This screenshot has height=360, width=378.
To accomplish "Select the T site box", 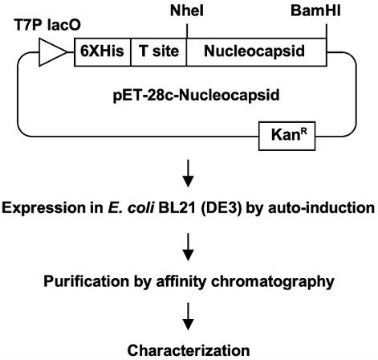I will point(156,52).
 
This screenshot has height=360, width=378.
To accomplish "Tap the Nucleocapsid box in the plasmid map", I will point(257,52).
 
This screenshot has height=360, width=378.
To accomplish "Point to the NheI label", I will point(186,11).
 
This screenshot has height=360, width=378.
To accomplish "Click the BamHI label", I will point(324,11).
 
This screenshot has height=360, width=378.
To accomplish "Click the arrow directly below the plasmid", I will point(188,177).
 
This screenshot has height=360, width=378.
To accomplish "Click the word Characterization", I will point(189,350).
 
